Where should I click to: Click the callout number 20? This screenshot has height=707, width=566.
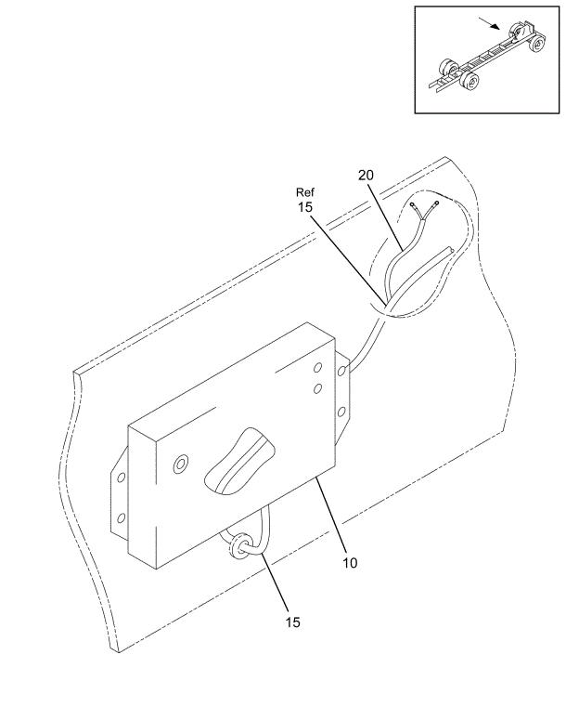point(366,175)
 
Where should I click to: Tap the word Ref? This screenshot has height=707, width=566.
point(305,192)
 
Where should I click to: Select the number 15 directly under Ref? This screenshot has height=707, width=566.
point(305,207)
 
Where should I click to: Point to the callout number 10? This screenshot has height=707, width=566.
point(350,563)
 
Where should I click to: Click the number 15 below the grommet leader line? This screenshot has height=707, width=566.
point(292,622)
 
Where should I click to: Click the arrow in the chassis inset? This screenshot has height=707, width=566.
point(489,23)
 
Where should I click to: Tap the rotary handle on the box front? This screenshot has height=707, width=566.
point(240,462)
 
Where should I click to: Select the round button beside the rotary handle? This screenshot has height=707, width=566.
point(181,464)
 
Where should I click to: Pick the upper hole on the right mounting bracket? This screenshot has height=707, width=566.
point(341,371)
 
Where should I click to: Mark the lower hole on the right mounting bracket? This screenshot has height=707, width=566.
point(341,412)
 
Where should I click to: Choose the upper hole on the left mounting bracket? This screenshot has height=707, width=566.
point(122,478)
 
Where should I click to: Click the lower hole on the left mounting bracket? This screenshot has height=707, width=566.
point(122,518)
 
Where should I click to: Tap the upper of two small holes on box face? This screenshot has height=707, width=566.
point(317,368)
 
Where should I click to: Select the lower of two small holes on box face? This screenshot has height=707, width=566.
point(317,387)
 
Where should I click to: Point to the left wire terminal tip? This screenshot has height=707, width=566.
point(413,205)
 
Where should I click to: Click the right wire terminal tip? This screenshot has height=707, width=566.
point(436,203)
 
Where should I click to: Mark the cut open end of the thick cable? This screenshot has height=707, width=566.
point(449,250)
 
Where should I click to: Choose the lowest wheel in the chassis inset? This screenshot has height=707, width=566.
point(470,81)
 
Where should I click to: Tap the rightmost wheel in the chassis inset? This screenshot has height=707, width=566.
point(536,44)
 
